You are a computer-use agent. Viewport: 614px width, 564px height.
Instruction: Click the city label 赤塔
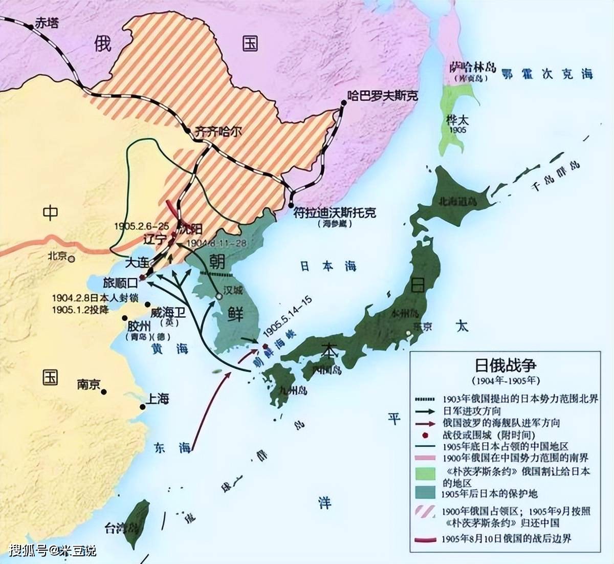[x=46, y=23]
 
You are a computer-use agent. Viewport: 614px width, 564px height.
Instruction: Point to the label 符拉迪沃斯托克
[x=335, y=211]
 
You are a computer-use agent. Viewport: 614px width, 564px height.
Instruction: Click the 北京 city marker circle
[x=72, y=259]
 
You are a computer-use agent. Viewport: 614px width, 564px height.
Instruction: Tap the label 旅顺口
[x=120, y=283]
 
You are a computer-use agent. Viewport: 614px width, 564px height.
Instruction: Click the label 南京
[x=88, y=384]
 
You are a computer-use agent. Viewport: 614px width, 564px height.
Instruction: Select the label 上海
[x=158, y=399]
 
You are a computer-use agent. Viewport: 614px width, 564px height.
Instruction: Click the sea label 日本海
[x=328, y=266]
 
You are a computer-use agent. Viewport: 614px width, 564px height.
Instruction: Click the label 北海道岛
[x=457, y=202]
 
